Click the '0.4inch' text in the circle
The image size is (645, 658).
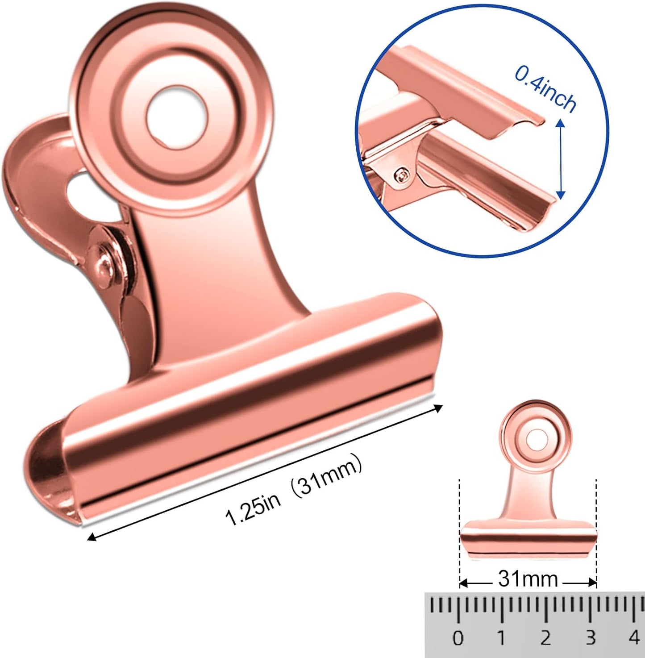(x=545, y=88)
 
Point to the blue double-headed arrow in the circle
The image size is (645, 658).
(x=561, y=157)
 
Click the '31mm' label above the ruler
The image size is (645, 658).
(x=528, y=579)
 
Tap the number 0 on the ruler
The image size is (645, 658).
(x=458, y=638)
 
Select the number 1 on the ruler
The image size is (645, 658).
(x=501, y=638)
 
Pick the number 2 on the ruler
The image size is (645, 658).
(x=545, y=638)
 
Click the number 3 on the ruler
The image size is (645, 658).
(x=590, y=638)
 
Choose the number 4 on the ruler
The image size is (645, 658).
(x=634, y=638)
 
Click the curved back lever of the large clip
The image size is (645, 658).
(x=31, y=179)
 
